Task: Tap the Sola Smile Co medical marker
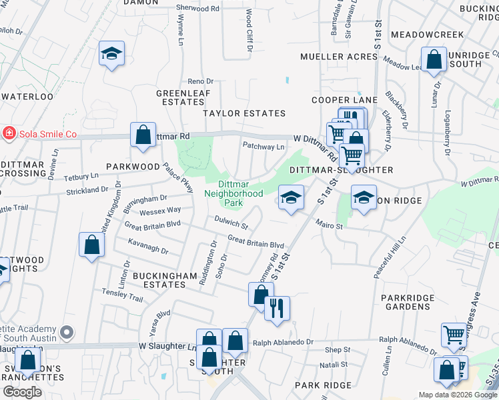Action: pyautogui.click(x=9, y=133)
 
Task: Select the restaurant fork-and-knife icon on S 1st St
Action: pyautogui.click(x=277, y=309)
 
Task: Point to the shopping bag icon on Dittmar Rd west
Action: pyautogui.click(x=143, y=135)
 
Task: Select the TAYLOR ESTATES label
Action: pyautogui.click(x=244, y=113)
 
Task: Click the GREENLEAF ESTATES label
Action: pyautogui.click(x=180, y=97)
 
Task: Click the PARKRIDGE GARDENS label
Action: pyautogui.click(x=407, y=302)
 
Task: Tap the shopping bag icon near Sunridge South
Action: pyautogui.click(x=434, y=59)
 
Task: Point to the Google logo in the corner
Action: pyautogui.click(x=23, y=392)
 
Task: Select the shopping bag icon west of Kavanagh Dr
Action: pyautogui.click(x=92, y=245)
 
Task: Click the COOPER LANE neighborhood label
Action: pyautogui.click(x=344, y=100)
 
